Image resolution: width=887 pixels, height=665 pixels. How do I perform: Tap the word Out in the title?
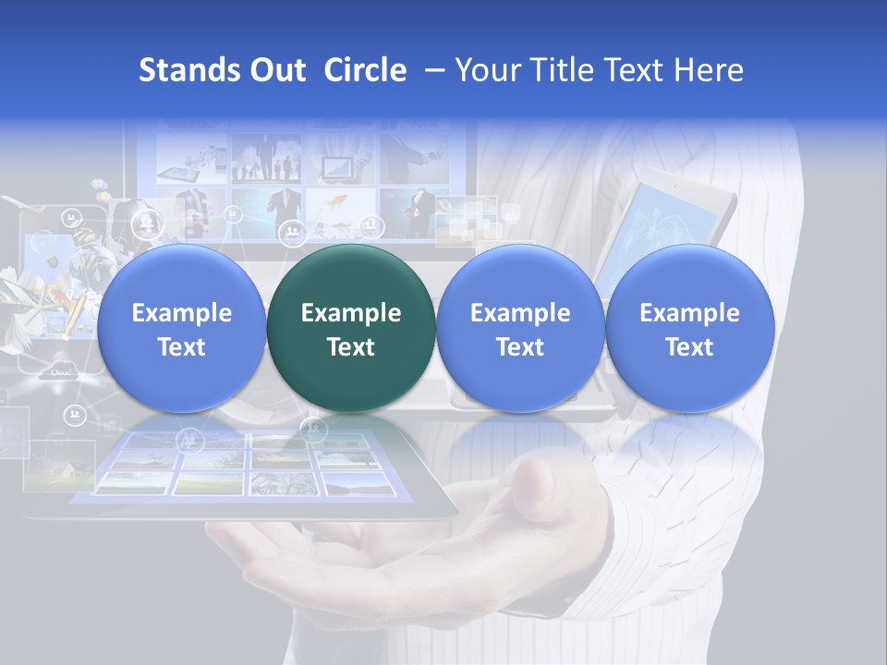tap(275, 70)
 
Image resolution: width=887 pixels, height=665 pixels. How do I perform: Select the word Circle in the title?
tap(365, 70)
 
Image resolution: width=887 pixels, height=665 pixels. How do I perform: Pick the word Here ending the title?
tap(711, 70)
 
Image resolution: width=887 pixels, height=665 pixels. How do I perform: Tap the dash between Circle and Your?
tap(430, 70)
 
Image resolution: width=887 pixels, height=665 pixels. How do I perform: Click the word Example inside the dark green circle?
tap(351, 313)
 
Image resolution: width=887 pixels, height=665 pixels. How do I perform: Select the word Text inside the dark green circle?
tap(351, 347)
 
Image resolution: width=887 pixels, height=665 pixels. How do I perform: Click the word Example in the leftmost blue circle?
tap(182, 313)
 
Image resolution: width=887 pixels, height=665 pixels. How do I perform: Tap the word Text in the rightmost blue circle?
tap(689, 347)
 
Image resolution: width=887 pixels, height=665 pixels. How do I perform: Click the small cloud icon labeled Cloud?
tap(61, 369)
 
